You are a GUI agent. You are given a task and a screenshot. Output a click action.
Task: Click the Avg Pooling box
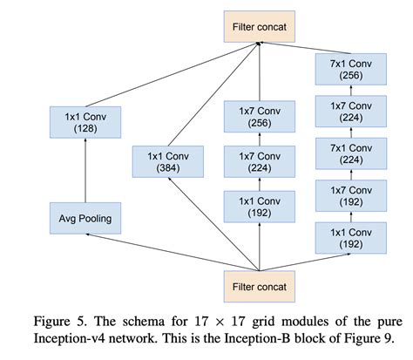pyautogui.click(x=85, y=218)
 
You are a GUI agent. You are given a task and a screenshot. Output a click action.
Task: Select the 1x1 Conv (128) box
pyautogui.click(x=85, y=122)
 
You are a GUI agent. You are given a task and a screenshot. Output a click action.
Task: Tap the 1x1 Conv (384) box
pyautogui.click(x=168, y=161)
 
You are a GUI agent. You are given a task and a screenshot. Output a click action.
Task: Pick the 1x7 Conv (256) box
pyautogui.click(x=260, y=117)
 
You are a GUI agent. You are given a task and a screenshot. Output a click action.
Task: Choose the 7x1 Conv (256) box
pyautogui.click(x=351, y=69)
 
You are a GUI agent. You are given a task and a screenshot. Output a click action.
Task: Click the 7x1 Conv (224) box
pyautogui.click(x=351, y=153)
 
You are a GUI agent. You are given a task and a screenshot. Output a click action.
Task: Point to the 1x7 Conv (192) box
pyautogui.click(x=351, y=196)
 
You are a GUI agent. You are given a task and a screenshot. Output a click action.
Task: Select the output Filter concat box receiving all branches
pyautogui.click(x=260, y=27)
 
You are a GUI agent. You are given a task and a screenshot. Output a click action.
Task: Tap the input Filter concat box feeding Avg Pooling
pyautogui.click(x=260, y=287)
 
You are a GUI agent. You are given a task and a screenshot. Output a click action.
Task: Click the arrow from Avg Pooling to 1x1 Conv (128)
pyautogui.click(x=85, y=170)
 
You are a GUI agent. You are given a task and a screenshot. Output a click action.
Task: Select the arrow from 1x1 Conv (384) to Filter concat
pyautogui.click(x=213, y=94)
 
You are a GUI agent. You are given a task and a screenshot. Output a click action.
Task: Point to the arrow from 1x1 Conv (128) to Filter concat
pyautogui.click(x=172, y=75)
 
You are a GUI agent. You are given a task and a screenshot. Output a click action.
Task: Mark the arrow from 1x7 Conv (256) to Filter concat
pyautogui.click(x=260, y=71)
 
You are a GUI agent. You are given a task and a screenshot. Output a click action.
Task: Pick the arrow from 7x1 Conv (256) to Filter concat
pyautogui.click(x=305, y=48)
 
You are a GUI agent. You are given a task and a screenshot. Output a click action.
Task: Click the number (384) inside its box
pyautogui.click(x=168, y=168)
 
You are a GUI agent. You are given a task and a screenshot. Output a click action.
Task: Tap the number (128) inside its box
pyautogui.click(x=85, y=129)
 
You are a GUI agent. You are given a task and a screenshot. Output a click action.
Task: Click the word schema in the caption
pyautogui.click(x=142, y=322)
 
